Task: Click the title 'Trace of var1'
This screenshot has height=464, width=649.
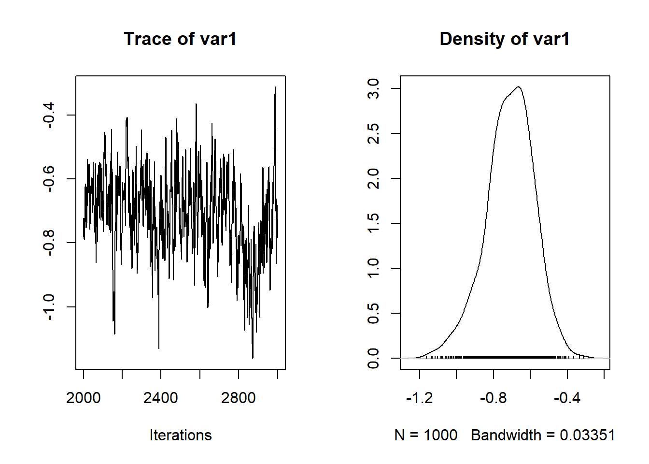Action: (x=180, y=39)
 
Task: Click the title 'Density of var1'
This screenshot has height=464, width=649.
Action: (x=504, y=39)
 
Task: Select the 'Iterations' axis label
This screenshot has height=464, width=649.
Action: (x=180, y=435)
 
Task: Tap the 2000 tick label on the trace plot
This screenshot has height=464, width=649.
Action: (x=84, y=398)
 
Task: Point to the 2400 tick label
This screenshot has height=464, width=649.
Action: (x=161, y=398)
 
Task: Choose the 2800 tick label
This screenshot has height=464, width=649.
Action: (x=239, y=398)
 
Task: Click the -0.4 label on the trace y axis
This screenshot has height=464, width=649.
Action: (x=48, y=115)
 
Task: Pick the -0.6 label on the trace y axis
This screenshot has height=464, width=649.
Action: (x=48, y=179)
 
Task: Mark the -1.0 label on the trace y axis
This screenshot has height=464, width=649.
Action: (x=48, y=306)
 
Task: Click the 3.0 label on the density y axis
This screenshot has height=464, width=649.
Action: (x=373, y=89)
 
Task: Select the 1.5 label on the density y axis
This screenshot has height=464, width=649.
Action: (x=373, y=223)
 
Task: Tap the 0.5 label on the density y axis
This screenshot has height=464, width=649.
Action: (x=373, y=313)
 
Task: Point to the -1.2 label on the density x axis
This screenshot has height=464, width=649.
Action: (x=420, y=398)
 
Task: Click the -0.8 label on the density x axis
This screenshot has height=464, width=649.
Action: (x=494, y=398)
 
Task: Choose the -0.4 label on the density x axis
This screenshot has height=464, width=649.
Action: (x=567, y=398)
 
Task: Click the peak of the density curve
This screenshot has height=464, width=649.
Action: (x=518, y=87)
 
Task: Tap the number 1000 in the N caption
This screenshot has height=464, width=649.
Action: (x=440, y=435)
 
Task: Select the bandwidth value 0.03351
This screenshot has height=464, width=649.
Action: (x=587, y=435)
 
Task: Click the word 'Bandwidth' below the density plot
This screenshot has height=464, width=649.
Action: (x=506, y=435)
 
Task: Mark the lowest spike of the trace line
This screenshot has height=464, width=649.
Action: (x=253, y=358)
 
